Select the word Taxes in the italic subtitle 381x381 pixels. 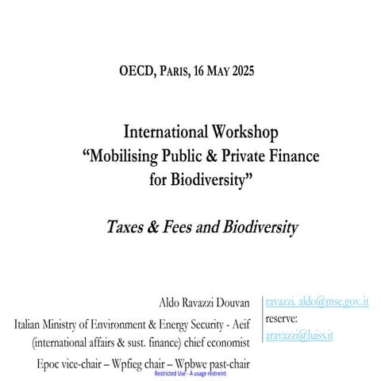pyautogui.click(x=124, y=227)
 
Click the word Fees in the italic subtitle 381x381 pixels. pyautogui.click(x=174, y=227)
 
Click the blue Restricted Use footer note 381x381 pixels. pyautogui.click(x=190, y=371)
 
